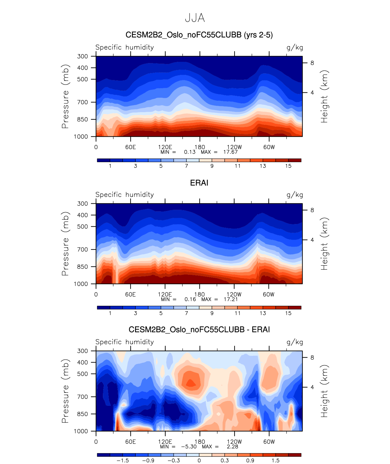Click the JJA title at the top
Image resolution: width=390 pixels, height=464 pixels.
coord(195,18)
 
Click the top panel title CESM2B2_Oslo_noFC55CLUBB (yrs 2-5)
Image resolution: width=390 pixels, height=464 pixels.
coord(199,35)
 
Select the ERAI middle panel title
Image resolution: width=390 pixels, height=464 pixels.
coord(199,183)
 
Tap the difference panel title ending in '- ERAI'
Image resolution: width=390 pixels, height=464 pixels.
coord(199,329)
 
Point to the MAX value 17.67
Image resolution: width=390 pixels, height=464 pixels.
coord(230,152)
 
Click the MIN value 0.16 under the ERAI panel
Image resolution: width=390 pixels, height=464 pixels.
coord(190,299)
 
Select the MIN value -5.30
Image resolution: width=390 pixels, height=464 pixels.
coord(189,446)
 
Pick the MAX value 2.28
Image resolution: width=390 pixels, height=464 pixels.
coord(232,446)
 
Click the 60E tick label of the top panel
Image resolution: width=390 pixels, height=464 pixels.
coord(131,147)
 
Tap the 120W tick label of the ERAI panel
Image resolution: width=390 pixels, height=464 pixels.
coord(234,294)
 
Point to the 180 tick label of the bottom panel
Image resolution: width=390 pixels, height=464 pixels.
coord(199,442)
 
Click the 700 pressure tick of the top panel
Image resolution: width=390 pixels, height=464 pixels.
coord(82,102)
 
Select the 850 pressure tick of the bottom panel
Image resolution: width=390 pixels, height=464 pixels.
coord(82,414)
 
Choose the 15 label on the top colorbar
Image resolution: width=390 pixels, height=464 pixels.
coord(288,166)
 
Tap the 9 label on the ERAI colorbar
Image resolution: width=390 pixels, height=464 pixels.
coord(212,313)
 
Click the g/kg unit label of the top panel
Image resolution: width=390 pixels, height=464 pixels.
coord(295,47)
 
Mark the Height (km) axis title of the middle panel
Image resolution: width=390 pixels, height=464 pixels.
coord(324,244)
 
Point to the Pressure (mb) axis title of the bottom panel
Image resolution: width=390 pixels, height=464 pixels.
coord(65,391)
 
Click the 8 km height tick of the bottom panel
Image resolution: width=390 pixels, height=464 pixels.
coord(312,357)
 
